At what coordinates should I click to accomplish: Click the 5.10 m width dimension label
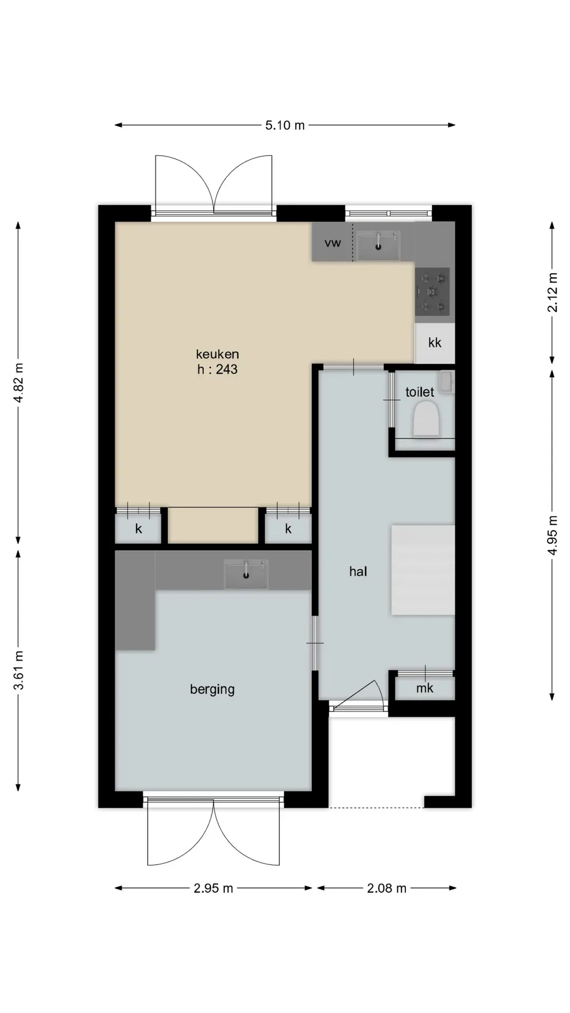(285, 125)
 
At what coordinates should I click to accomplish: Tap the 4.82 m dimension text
(19, 383)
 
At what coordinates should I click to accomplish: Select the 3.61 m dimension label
(19, 670)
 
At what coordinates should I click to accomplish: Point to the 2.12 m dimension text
(553, 292)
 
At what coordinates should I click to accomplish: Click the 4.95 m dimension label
(553, 535)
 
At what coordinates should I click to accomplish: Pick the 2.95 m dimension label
(213, 888)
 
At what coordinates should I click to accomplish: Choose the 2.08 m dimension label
(387, 888)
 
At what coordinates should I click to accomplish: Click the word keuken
(217, 354)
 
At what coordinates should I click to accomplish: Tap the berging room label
(212, 690)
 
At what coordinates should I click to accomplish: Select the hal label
(358, 571)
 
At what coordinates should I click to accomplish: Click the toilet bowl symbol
(426, 419)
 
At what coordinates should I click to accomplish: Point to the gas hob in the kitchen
(432, 292)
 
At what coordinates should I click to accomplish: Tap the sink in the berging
(246, 574)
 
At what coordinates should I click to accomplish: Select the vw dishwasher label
(333, 243)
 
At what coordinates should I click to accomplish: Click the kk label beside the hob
(435, 343)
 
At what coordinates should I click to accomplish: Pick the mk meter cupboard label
(425, 688)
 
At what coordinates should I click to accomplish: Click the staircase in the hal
(423, 570)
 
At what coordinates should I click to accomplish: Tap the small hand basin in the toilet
(446, 383)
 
